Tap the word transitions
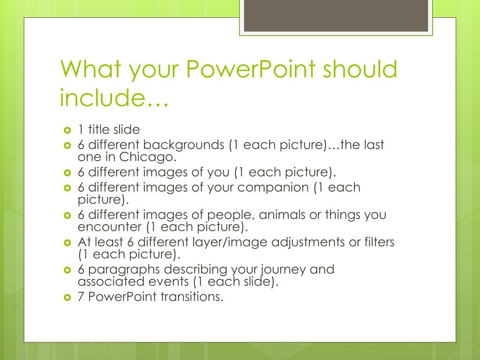click(x=192, y=297)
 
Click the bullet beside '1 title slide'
click(x=66, y=129)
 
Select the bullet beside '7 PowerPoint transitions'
click(x=66, y=297)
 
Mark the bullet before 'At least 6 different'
click(x=66, y=243)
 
